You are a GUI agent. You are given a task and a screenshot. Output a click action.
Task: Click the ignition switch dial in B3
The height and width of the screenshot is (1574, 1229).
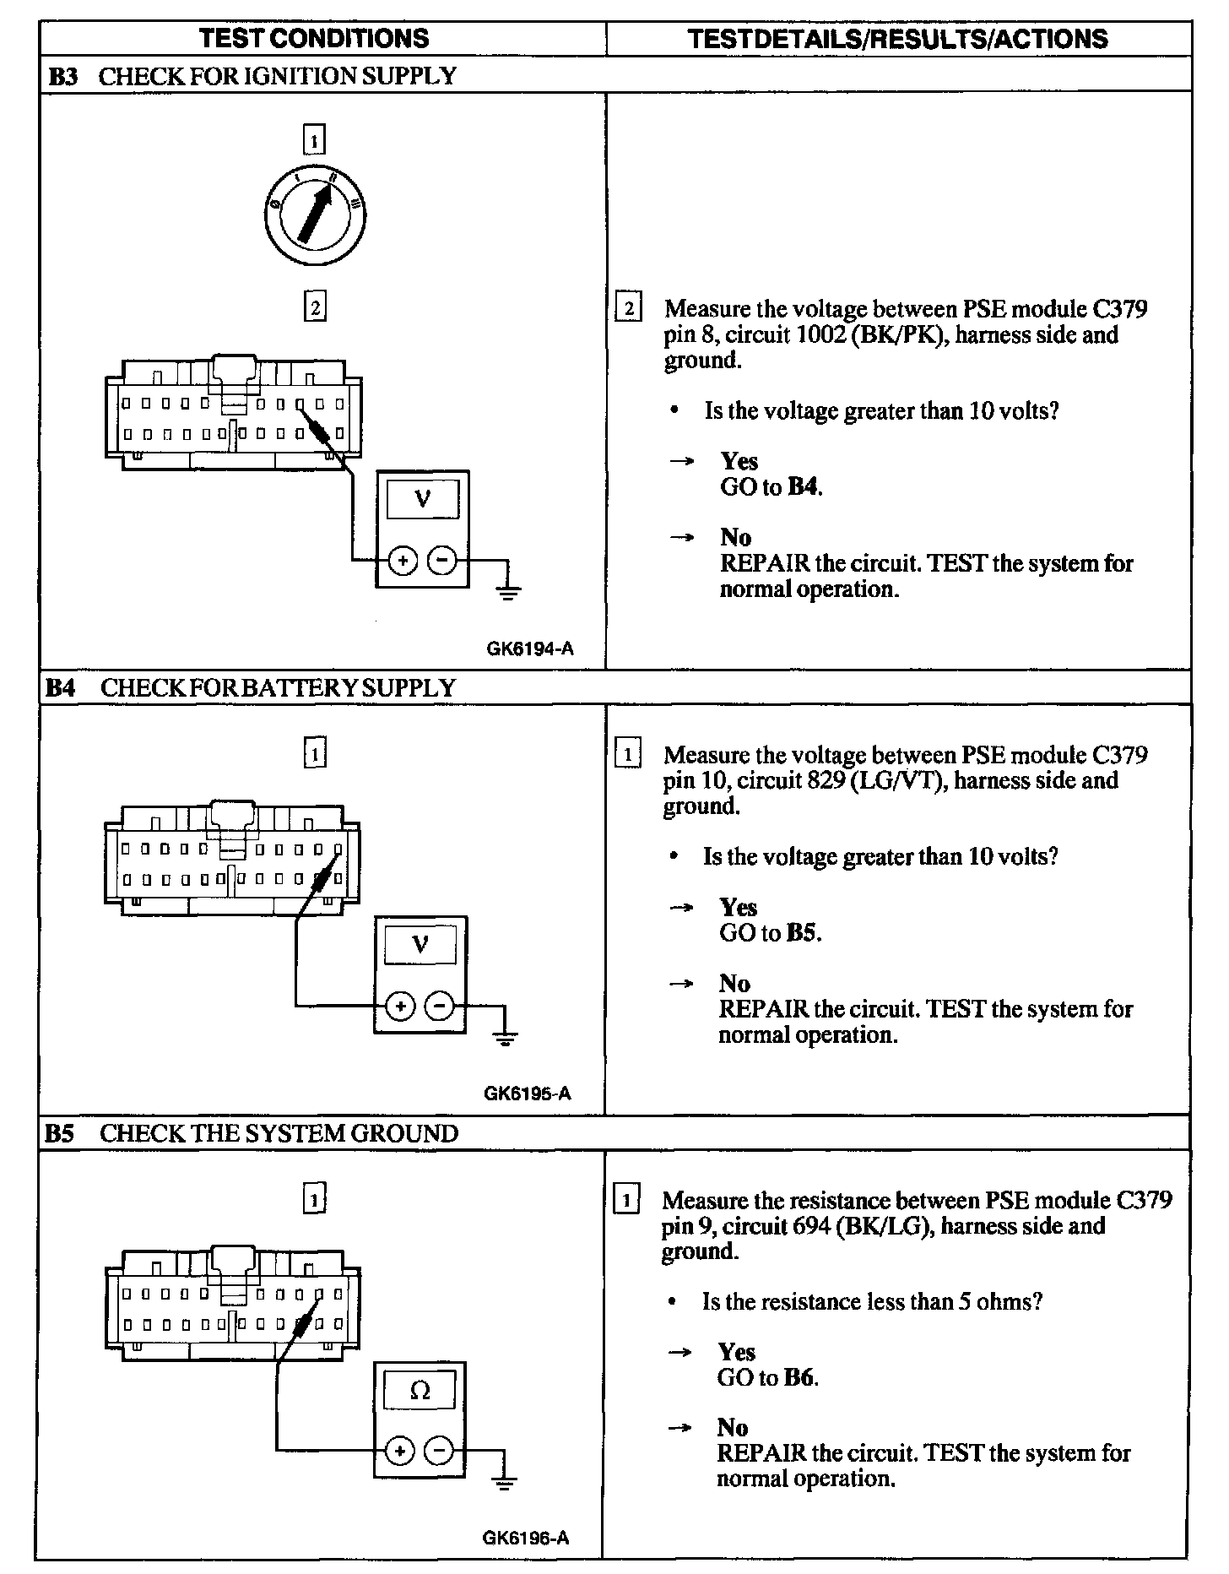pyautogui.click(x=314, y=211)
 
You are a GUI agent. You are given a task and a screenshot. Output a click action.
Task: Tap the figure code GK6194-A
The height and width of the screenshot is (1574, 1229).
pyautogui.click(x=529, y=649)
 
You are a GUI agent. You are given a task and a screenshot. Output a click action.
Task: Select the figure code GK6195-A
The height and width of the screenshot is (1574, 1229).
pyautogui.click(x=528, y=1094)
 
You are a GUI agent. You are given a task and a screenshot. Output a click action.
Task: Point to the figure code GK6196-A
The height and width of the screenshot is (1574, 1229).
pyautogui.click(x=526, y=1538)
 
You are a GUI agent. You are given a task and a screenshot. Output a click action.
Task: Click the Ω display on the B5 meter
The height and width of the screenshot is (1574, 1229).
pyautogui.click(x=420, y=1391)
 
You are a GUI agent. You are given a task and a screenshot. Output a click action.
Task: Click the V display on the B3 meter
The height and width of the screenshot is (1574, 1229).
pyautogui.click(x=423, y=500)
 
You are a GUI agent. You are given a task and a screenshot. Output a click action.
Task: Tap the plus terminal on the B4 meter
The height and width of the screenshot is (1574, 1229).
pyautogui.click(x=400, y=1006)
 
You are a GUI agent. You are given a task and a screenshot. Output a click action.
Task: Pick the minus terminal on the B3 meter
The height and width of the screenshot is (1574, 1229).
pyautogui.click(x=442, y=560)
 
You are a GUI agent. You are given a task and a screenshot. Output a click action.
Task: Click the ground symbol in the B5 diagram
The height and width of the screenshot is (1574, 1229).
pyautogui.click(x=504, y=1481)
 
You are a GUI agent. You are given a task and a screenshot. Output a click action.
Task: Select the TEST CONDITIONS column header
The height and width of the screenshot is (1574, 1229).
pyautogui.click(x=314, y=38)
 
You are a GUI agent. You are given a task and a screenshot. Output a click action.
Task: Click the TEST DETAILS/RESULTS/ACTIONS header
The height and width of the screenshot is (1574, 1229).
pyautogui.click(x=897, y=39)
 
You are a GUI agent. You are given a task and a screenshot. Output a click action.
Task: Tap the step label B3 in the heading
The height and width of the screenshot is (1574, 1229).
pyautogui.click(x=62, y=77)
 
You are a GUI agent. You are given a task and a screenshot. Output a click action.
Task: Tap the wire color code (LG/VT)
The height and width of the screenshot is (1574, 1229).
pyautogui.click(x=897, y=781)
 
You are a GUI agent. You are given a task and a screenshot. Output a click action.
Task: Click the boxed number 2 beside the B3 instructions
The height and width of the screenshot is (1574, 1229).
pyautogui.click(x=629, y=308)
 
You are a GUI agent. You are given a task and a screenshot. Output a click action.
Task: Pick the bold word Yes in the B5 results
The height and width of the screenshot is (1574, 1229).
pyautogui.click(x=736, y=1352)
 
